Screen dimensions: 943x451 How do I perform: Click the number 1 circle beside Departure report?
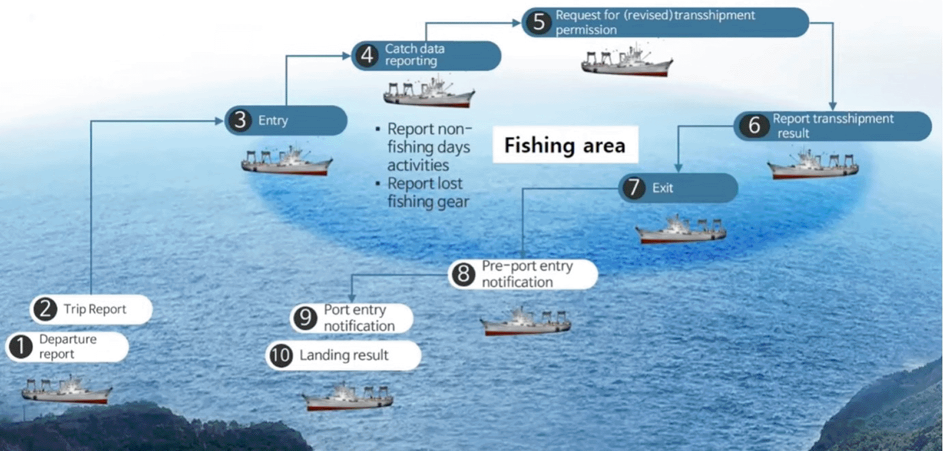[20, 347]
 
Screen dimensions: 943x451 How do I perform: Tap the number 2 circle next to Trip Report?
[45, 309]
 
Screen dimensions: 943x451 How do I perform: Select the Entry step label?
[273, 121]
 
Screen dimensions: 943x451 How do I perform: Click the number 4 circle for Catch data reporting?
[367, 56]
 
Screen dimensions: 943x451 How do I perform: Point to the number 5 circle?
[539, 22]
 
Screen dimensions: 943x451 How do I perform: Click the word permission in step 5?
[586, 31]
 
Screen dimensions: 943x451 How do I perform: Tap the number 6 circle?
[754, 125]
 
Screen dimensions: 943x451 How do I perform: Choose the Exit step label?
[663, 188]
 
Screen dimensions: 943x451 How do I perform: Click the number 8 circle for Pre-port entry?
[463, 274]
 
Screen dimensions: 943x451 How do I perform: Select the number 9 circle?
[305, 318]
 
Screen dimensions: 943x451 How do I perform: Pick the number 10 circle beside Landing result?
[281, 355]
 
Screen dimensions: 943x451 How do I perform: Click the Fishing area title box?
[565, 145]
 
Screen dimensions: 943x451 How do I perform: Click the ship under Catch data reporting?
[429, 91]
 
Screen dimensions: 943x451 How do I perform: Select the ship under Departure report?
[67, 389]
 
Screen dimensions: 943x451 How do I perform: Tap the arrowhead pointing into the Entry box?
[219, 121]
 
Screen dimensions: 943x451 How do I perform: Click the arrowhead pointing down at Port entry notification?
[352, 297]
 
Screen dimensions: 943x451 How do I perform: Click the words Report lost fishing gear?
[428, 193]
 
